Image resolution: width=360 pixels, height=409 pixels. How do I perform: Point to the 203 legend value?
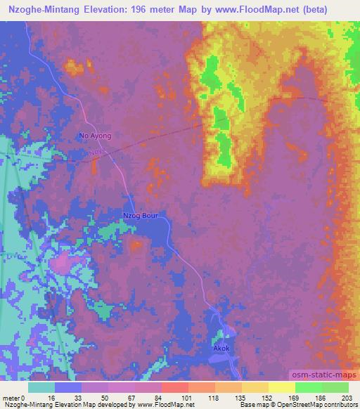tap(347, 397)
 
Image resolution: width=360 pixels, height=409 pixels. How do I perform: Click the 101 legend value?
tap(188, 397)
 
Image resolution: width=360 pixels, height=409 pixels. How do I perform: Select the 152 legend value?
tap(267, 397)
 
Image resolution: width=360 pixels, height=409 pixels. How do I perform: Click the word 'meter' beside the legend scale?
tap(11, 397)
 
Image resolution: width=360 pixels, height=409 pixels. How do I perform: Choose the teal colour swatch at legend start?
tap(41, 387)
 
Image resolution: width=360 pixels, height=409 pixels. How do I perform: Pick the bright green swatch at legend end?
tap(335, 387)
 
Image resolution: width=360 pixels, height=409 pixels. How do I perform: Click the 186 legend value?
tap(320, 397)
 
